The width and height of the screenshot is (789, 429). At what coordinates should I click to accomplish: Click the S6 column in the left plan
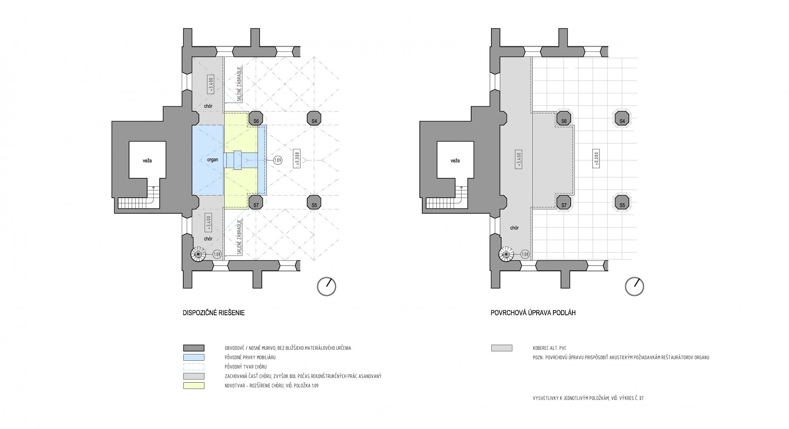256,119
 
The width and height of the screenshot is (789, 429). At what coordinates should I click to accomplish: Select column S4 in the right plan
622,119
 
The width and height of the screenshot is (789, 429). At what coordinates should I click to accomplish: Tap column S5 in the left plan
314,203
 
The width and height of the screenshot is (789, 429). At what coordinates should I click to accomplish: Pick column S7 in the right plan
564,203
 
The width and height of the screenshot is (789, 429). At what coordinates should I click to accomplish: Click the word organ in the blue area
212,160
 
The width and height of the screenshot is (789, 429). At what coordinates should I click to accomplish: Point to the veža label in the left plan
147,161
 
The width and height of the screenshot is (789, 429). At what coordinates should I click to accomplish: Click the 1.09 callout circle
278,160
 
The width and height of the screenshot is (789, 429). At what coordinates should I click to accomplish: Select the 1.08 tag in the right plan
524,254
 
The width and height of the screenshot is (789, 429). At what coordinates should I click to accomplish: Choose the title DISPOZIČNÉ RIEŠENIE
213,313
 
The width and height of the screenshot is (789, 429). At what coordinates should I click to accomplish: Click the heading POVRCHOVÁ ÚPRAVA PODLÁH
533,313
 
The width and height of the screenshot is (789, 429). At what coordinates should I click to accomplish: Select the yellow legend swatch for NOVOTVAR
193,386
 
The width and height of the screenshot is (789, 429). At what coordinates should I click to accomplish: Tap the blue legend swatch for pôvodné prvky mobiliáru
193,357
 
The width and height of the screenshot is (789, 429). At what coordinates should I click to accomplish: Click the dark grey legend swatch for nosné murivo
193,348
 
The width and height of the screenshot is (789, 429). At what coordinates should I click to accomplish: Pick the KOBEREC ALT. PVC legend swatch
502,348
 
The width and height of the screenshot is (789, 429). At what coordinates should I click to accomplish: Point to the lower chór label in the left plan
208,239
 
